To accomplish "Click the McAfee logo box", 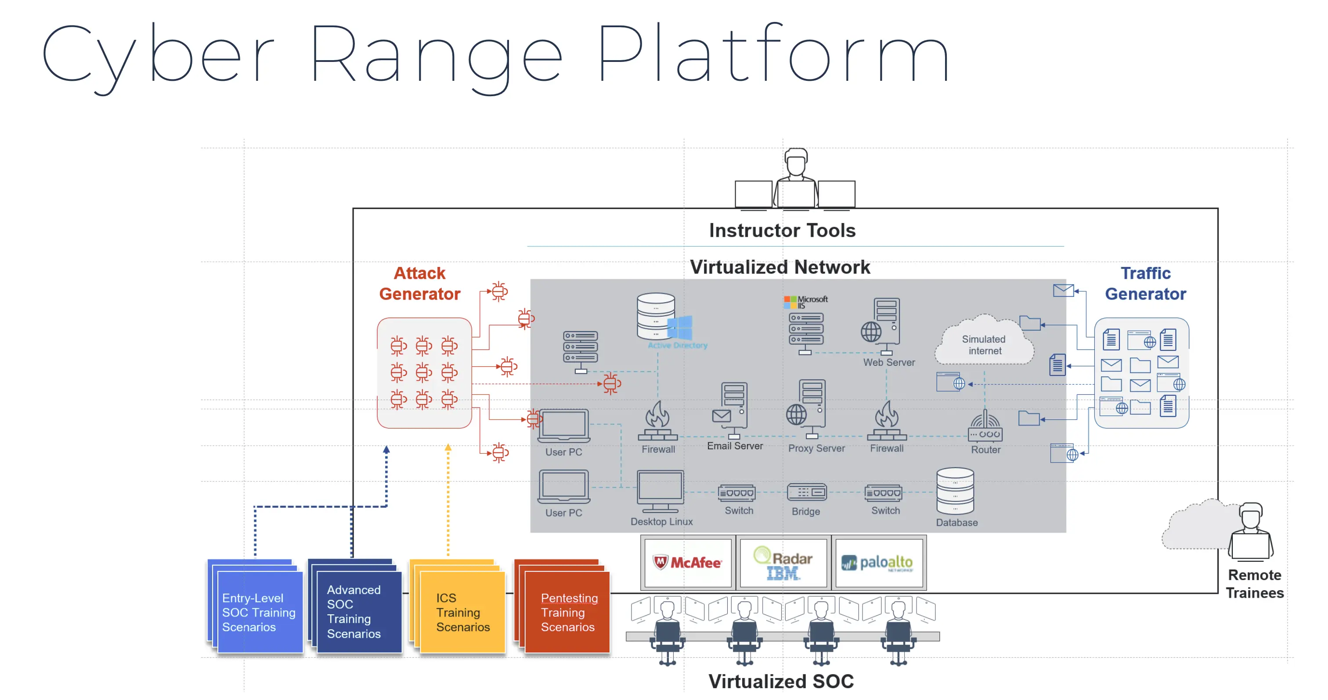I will (688, 562).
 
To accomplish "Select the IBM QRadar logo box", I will (783, 562).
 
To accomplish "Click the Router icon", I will (985, 427).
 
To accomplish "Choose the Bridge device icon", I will (806, 492).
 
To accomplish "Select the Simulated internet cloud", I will (984, 343).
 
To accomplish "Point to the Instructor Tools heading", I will (782, 231).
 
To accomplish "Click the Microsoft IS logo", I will (806, 302).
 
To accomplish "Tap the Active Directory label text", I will (678, 345).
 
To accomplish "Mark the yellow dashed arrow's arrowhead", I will (448, 447).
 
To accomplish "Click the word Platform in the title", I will (773, 54).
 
